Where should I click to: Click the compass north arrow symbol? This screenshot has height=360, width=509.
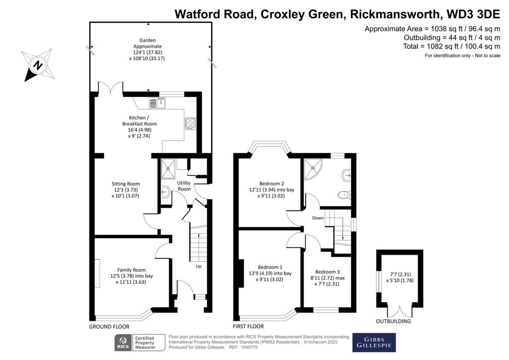pos(38,64)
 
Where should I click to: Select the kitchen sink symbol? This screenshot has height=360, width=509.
pos(157,102)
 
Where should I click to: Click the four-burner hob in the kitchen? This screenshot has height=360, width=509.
pos(191,123)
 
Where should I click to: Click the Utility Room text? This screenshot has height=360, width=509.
pos(184,186)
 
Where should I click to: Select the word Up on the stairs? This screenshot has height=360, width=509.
pos(198,267)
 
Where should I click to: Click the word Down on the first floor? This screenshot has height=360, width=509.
pos(318,218)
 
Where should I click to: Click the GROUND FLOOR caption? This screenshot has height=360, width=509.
pos(109,327)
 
